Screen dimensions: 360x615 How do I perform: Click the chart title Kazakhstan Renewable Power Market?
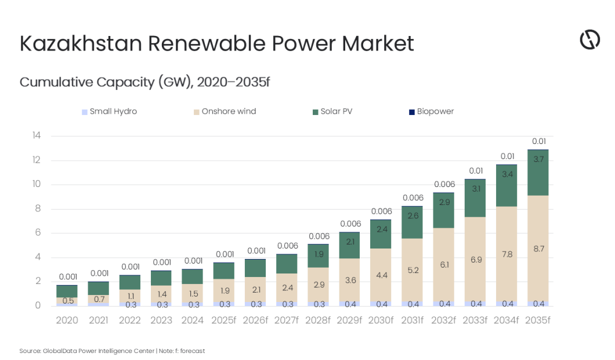pos(216,44)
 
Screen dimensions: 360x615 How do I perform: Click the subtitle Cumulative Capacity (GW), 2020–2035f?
pos(144,82)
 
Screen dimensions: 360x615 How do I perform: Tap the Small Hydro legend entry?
pos(110,111)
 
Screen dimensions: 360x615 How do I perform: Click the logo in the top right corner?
pos(589,40)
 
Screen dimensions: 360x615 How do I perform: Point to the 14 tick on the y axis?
pos(37,136)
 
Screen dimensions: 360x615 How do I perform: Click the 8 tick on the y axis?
pos(38,209)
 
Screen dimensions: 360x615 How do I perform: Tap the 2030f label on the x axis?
pos(381,320)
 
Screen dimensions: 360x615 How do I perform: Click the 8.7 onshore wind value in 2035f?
pos(538,249)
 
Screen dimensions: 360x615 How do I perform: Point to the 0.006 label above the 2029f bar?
pos(350,224)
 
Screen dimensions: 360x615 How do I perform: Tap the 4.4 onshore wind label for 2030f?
pos(381,275)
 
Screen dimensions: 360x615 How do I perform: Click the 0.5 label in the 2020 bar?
pos(67,301)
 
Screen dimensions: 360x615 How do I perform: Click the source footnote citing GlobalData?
pos(112,351)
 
